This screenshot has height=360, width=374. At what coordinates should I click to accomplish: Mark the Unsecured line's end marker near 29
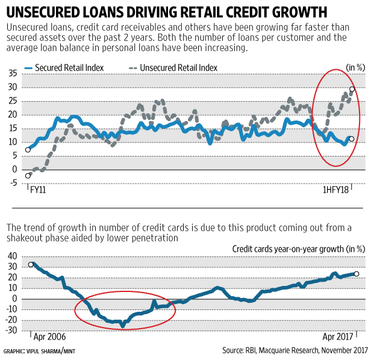352,89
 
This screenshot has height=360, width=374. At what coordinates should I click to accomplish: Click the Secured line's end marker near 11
352,138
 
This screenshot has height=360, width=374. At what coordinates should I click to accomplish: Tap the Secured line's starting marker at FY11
28,149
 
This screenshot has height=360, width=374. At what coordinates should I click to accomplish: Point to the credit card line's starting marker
31,264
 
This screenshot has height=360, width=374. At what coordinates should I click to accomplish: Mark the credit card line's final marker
356,274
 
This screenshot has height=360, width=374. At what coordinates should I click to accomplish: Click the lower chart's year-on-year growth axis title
299,248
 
